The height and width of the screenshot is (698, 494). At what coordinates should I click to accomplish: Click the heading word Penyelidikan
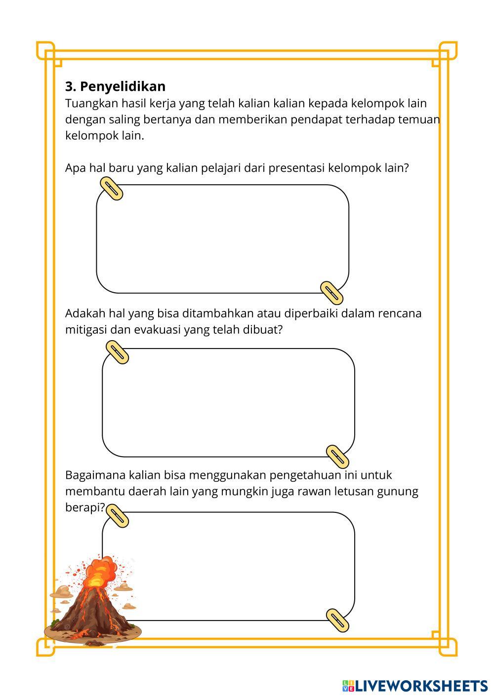123,87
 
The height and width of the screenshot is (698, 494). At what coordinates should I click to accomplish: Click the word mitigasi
85,330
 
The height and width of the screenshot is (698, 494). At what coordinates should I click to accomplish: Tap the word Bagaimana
95,475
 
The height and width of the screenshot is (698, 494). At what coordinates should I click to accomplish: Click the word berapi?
85,507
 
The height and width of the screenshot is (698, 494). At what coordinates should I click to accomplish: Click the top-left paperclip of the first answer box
112,189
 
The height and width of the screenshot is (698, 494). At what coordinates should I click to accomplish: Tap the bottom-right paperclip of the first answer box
331,292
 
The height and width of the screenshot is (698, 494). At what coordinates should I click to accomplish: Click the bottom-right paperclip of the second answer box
338,456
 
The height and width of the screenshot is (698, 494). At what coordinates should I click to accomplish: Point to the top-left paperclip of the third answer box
118,516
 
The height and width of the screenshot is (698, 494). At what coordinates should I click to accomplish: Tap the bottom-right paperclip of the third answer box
338,620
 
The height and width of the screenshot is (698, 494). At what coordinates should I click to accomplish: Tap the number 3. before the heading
71,87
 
